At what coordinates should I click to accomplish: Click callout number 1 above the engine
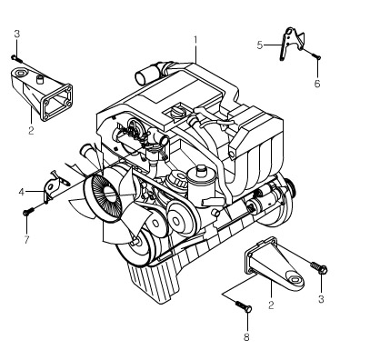coord(195,40)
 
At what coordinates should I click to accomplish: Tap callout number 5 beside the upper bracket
coord(260,45)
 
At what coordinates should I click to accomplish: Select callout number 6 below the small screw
coord(317,84)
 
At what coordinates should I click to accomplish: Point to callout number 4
coord(21,192)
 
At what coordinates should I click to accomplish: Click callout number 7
coord(26,240)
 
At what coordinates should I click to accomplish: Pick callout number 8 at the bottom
coord(246,337)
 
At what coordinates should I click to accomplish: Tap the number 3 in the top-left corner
coord(17,34)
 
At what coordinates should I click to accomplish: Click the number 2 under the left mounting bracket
coord(31,130)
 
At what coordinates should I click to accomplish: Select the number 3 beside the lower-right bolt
coord(321,299)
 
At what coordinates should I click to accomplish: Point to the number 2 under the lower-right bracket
coord(271,305)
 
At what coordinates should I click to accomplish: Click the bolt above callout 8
coord(244,306)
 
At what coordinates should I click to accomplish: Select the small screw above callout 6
coord(316,55)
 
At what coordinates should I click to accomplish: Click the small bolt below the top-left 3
coord(16,58)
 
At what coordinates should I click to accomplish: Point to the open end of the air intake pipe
coord(141,78)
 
